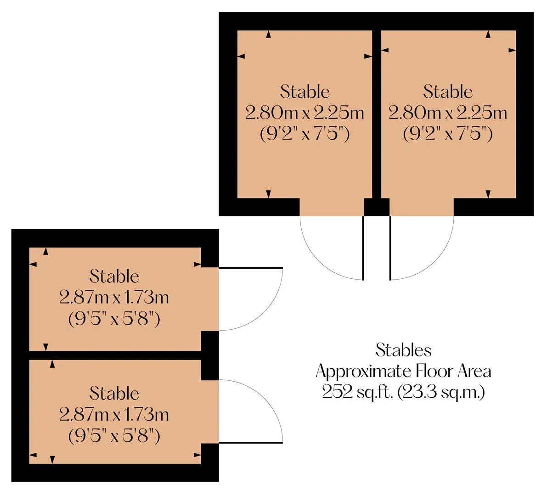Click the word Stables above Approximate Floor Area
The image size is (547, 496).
(403, 350)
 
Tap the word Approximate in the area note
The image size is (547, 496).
(363, 372)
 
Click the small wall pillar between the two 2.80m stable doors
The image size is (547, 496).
(377, 207)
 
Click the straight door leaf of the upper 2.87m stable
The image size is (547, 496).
(250, 268)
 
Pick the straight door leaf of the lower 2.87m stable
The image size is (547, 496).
(250, 443)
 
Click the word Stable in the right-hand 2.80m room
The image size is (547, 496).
(448, 92)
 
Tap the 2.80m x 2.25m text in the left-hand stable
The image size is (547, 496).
(305, 113)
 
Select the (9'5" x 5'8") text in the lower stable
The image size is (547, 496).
(114, 436)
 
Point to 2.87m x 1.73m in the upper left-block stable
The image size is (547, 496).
(114, 298)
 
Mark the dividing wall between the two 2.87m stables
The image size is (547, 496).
(115, 355)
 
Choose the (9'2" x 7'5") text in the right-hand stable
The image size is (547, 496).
(448, 134)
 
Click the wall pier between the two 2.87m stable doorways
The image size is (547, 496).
(210, 355)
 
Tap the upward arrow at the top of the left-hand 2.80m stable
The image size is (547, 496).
(268, 34)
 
